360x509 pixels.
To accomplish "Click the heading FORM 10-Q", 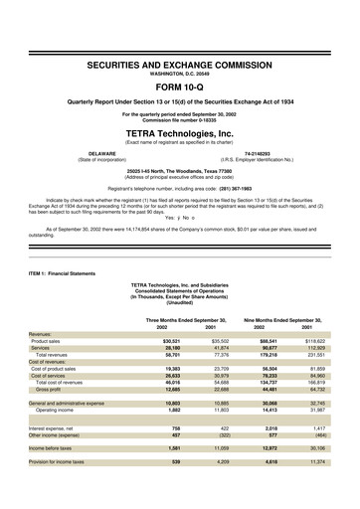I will [179, 84].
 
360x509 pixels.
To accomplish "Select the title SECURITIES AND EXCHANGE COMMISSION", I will [179, 63].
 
